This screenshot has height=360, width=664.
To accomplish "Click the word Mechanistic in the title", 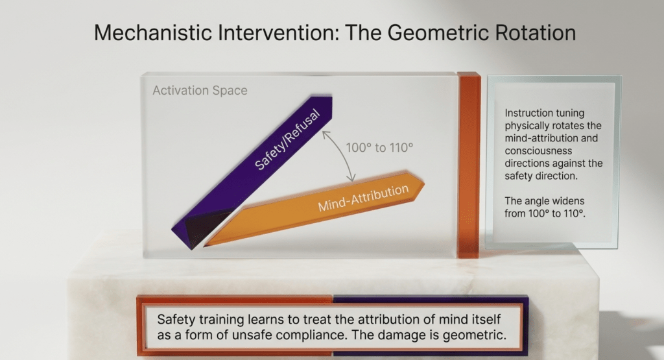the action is [153, 32].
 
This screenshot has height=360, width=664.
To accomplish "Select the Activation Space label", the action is [200, 90].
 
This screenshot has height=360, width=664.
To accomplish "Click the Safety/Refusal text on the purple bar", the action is [287, 139].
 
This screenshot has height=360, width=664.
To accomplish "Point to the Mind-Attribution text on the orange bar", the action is [363, 198].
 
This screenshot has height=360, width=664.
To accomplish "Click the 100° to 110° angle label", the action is [379, 147].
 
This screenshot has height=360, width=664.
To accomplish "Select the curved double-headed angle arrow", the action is [341, 153].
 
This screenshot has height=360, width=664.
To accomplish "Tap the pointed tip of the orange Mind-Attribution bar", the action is [424, 182].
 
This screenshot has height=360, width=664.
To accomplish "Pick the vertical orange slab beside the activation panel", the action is [469, 165].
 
